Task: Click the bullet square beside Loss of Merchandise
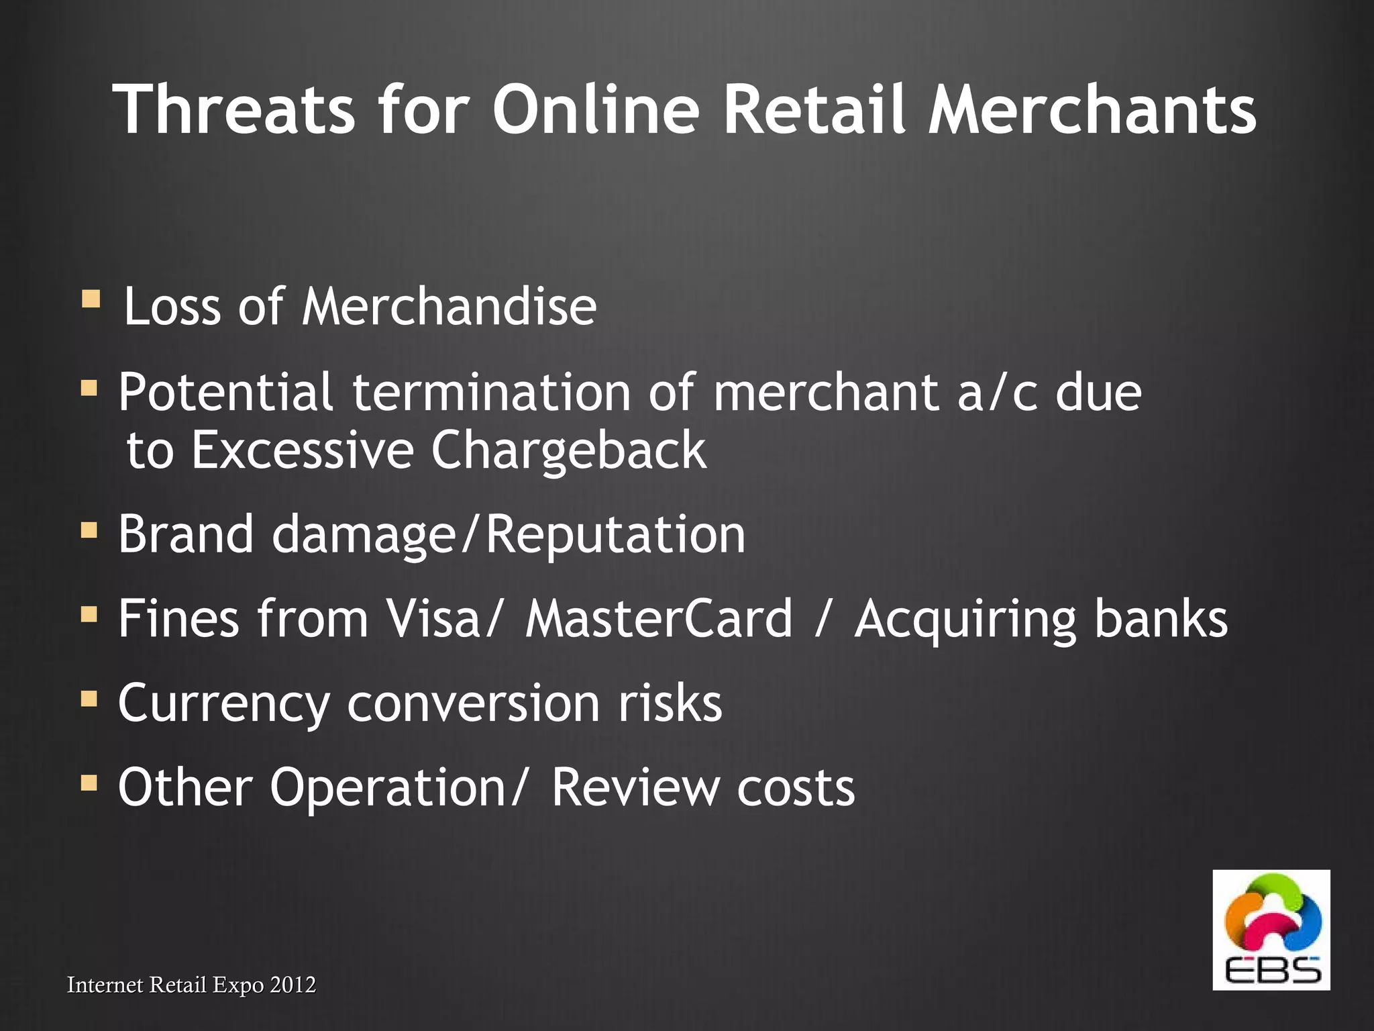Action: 91,298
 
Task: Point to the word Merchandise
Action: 449,307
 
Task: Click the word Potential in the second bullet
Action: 225,392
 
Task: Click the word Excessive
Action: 303,450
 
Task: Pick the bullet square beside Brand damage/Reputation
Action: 89,531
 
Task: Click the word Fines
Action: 178,618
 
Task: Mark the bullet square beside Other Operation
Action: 89,783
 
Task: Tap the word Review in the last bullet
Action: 635,787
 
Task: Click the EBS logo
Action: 1271,930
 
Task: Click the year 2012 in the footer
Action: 293,985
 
